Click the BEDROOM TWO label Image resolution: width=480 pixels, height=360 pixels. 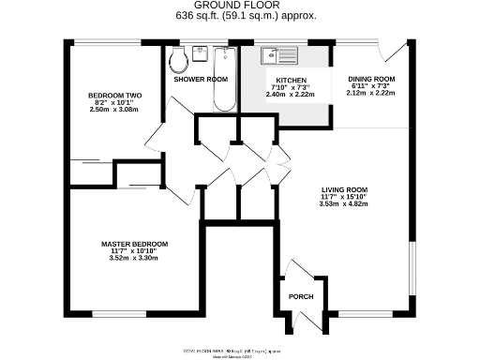(x=114, y=96)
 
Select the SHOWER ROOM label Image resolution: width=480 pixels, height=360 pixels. (x=201, y=80)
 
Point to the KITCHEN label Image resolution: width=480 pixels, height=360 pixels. (x=291, y=81)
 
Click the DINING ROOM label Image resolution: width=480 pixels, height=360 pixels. (x=371, y=79)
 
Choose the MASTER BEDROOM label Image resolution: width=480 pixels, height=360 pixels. (x=135, y=244)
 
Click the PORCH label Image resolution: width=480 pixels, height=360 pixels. (x=301, y=297)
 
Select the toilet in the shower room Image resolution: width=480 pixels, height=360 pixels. (x=179, y=62)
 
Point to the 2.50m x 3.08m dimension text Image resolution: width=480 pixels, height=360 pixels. (x=114, y=110)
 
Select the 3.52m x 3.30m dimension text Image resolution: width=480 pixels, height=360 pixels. (x=135, y=258)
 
